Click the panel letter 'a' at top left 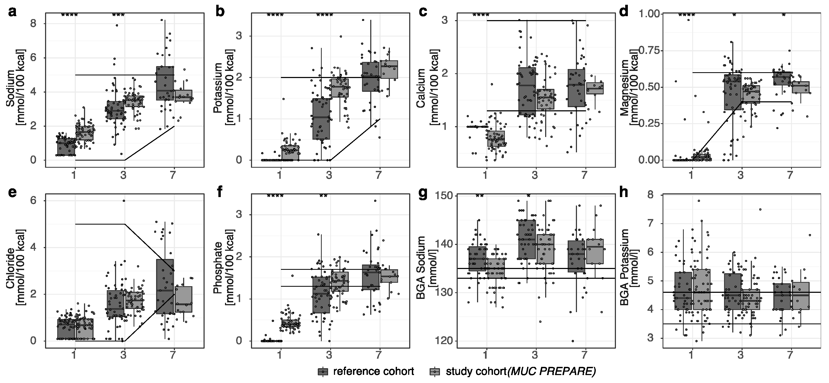coord(12,12)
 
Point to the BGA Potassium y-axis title coord(624,267)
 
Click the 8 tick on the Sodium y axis coord(33,24)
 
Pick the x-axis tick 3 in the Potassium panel coord(329,175)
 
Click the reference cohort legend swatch coord(323,372)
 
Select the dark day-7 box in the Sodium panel coord(165,83)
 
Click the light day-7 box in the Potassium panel coord(389,69)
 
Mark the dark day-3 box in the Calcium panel coord(527,91)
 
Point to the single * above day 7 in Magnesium coord(784,15)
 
